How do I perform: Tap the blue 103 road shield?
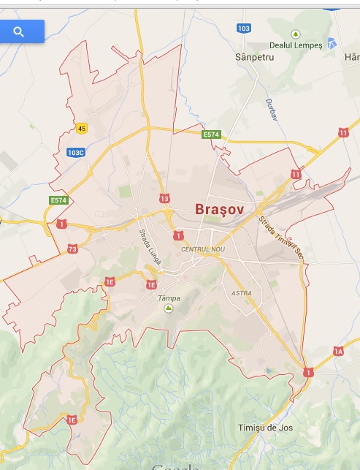tap(244, 28)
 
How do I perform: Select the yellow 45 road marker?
tap(81, 129)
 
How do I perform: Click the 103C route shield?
tap(76, 153)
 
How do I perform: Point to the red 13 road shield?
tap(164, 199)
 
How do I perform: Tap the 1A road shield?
tap(337, 352)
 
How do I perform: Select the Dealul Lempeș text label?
tap(296, 45)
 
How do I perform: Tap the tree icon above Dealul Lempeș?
tap(296, 34)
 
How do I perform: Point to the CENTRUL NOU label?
tap(203, 250)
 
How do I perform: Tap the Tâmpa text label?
tap(169, 298)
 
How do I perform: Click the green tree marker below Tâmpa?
tap(169, 309)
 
